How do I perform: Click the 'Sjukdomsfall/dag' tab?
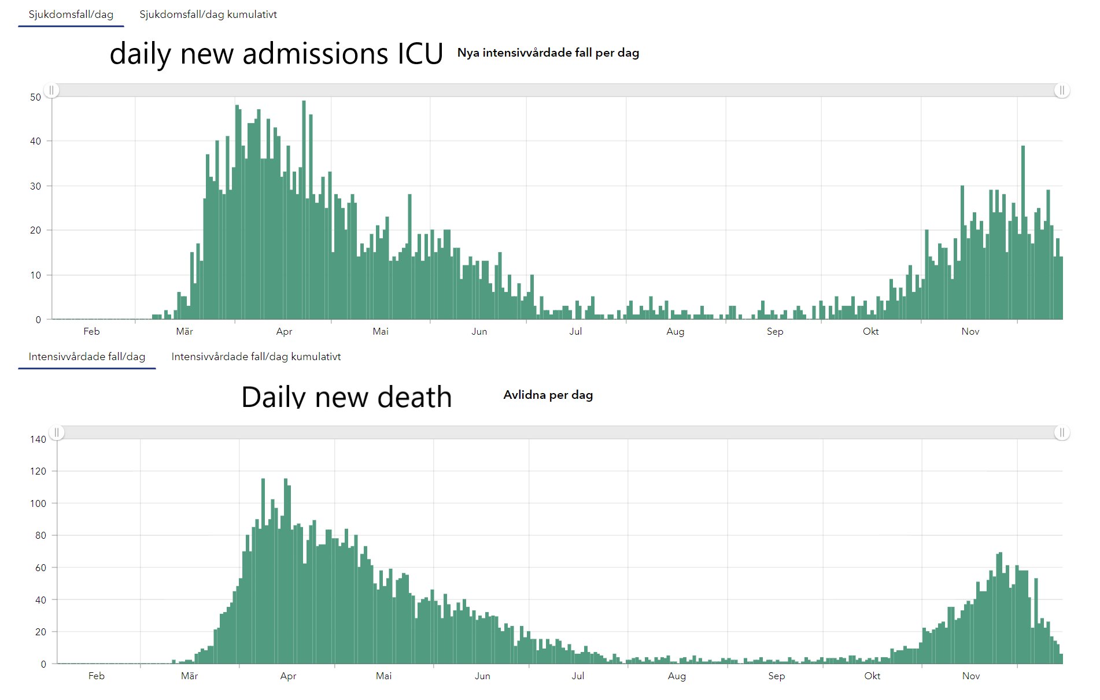point(71,14)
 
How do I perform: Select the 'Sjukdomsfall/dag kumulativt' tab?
point(208,14)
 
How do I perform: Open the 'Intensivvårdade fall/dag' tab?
point(87,357)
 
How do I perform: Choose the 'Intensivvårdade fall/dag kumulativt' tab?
point(256,357)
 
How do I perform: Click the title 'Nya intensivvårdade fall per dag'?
point(548,53)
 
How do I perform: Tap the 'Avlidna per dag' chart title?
point(548,395)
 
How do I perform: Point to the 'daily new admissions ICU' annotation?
point(276,54)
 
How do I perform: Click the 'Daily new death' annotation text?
point(346,397)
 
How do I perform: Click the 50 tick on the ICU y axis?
point(36,97)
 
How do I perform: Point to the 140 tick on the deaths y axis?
point(38,439)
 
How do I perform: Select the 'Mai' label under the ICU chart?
point(381,331)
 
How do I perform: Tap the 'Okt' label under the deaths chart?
point(872,676)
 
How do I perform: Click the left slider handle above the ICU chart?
point(51,90)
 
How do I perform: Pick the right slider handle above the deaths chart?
point(1062,432)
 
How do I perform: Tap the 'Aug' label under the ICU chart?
point(675,331)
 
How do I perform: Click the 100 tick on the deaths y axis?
point(38,503)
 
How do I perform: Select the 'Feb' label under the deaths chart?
point(97,676)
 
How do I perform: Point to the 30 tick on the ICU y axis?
point(36,186)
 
